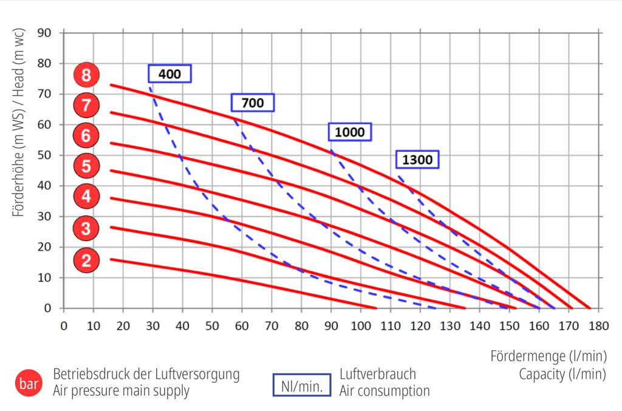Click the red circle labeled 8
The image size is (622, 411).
[x=86, y=75]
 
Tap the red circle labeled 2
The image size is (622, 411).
[x=86, y=260]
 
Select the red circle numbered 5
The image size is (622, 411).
[x=86, y=165]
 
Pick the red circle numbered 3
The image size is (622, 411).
[x=86, y=229]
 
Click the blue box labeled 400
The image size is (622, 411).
[x=169, y=74]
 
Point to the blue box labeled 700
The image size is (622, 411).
[x=253, y=103]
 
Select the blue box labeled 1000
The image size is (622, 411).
[x=350, y=132]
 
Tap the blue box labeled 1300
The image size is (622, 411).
[x=417, y=160]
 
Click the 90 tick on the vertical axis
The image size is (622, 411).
[x=46, y=32]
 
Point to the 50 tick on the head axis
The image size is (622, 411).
[x=46, y=155]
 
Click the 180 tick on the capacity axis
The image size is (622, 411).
[x=598, y=325]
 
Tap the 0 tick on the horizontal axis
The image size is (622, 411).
[x=64, y=325]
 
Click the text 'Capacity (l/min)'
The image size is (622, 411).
[x=562, y=374]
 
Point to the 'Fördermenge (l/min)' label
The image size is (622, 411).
[x=548, y=356]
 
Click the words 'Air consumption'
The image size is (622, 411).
[x=384, y=391]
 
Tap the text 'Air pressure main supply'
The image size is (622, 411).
[x=121, y=391]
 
